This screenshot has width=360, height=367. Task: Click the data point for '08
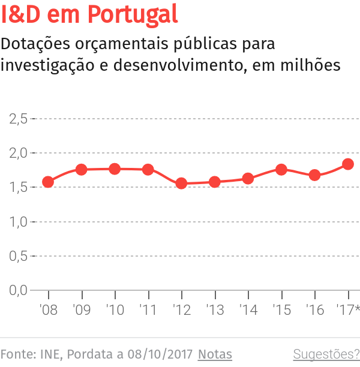(x=48, y=182)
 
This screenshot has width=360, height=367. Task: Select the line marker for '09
(x=82, y=170)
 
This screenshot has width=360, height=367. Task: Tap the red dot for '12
(x=181, y=183)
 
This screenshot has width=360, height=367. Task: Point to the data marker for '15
(x=281, y=170)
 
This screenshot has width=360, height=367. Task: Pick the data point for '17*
(x=348, y=164)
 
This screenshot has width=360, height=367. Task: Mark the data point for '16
(x=314, y=176)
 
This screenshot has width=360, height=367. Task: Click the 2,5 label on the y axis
(x=19, y=118)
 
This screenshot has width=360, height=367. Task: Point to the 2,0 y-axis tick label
(x=19, y=153)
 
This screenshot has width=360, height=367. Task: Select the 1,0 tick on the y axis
(x=19, y=222)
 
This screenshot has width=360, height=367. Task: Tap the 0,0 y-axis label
(x=19, y=291)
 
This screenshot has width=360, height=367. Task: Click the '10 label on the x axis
(x=115, y=310)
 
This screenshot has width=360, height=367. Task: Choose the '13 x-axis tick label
(x=214, y=310)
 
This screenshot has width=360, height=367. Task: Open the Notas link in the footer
(x=215, y=354)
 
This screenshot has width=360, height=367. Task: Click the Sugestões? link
(x=326, y=354)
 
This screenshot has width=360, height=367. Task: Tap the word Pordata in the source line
(x=89, y=354)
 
